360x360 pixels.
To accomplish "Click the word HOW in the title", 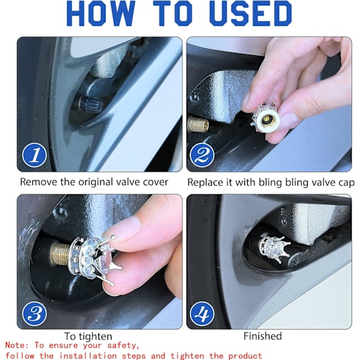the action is click(101, 13).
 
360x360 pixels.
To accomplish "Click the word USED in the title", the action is click(250, 13).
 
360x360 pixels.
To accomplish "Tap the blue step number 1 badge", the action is click(34, 155).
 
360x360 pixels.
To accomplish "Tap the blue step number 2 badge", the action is click(202, 155).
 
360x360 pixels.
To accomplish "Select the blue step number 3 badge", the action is click(34, 314).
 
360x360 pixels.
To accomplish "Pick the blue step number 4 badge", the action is click(202, 314).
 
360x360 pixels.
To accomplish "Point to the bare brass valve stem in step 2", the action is click(198, 124).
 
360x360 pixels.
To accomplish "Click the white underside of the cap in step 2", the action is click(268, 120).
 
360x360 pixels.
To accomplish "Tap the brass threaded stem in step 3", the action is click(60, 253).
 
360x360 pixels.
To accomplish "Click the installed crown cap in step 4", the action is click(274, 248).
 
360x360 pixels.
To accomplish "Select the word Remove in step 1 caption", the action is click(38, 182).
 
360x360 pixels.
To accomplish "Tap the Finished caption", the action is click(263, 336).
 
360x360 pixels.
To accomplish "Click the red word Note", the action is click(17, 346).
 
